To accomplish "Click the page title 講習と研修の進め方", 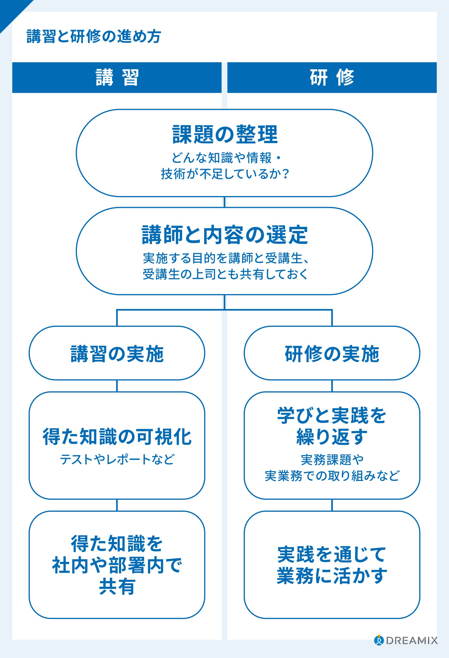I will (94, 36).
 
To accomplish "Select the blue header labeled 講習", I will (117, 77).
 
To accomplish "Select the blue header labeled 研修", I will (332, 77).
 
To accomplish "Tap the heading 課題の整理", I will (224, 134).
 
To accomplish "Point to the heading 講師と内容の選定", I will (224, 235).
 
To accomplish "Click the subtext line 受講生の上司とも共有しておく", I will (224, 274).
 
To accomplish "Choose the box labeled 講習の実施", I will (117, 354).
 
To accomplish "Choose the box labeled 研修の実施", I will (332, 354).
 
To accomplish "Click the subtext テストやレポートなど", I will (117, 459).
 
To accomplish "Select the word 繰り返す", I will (332, 437).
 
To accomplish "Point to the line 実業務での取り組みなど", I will (332, 476).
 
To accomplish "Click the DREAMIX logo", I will (406, 640).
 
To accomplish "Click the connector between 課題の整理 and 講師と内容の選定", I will (224, 202).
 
